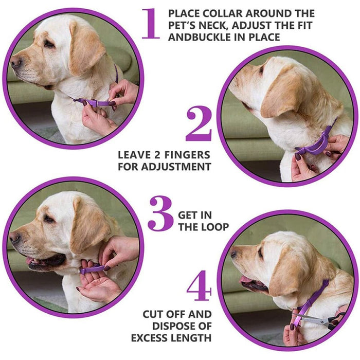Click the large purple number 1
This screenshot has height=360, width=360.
click(151, 24)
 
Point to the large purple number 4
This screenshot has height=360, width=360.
click(199, 287)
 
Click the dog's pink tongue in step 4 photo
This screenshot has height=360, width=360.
click(247, 280)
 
